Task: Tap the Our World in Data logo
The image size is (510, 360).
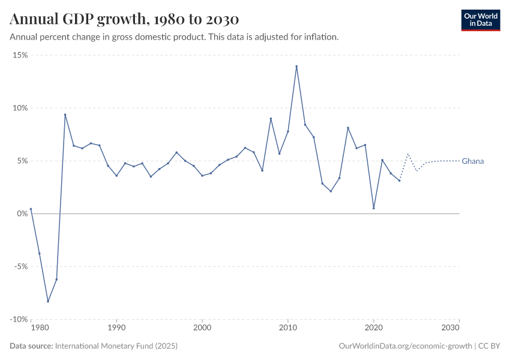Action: pos(480,20)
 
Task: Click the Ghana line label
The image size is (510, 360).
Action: pos(473,161)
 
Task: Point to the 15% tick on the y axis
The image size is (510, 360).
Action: pos(20,55)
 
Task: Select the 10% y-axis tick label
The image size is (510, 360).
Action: pos(20,108)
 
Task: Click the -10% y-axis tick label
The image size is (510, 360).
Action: pos(19,320)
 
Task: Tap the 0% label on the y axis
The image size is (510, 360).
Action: pos(22,214)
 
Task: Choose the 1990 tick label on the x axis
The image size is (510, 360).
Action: pos(116,329)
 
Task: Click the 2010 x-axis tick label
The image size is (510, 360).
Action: pos(288,329)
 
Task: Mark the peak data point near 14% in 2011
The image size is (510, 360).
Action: pos(296,66)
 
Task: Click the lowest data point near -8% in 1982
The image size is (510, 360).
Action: pos(48,301)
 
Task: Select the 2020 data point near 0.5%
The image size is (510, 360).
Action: pos(374,208)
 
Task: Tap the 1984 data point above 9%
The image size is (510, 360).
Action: pos(65,115)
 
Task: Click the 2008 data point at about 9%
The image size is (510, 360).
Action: pos(271,118)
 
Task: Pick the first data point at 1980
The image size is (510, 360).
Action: pos(31,209)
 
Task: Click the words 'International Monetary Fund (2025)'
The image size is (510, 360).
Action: pos(116,346)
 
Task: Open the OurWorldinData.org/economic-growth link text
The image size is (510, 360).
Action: pos(406,346)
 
